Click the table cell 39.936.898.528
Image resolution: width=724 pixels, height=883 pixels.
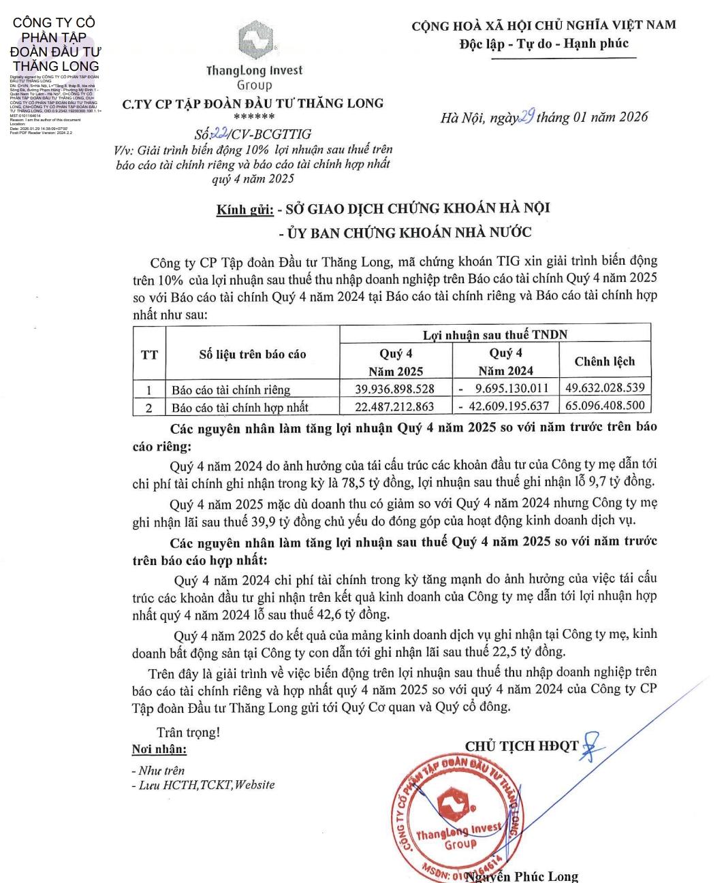[x=395, y=389]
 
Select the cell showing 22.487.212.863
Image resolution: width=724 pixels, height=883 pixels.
[x=395, y=407]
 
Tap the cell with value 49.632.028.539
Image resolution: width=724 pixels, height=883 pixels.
[x=605, y=388]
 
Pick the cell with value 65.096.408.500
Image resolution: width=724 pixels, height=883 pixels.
[x=605, y=406]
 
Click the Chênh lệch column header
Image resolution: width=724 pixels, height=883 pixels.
[x=604, y=362]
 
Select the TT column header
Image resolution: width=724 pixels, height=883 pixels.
[x=149, y=355]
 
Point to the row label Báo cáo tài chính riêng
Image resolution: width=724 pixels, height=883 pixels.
[x=231, y=390]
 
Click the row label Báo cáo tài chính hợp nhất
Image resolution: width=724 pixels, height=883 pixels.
[x=240, y=408]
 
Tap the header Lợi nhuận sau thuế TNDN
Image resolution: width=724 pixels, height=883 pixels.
[x=494, y=334]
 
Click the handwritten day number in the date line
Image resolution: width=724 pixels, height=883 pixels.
[x=526, y=116]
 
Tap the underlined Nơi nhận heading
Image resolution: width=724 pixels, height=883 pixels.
[x=159, y=750]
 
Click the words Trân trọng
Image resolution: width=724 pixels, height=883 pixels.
[x=189, y=733]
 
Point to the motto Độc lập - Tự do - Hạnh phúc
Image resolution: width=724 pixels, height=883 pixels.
[x=544, y=44]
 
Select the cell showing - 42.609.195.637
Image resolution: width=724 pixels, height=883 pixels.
[x=504, y=407]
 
